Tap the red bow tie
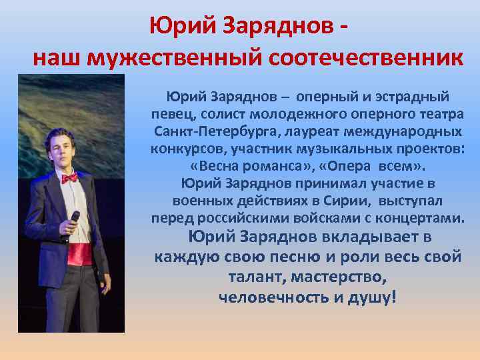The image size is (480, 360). (x=69, y=178)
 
